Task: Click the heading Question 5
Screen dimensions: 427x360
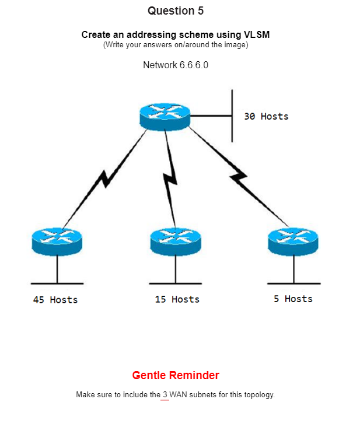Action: click(176, 11)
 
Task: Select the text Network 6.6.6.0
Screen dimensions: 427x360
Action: click(176, 65)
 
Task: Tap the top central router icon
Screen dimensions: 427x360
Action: click(165, 116)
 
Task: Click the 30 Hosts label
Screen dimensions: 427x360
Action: click(266, 117)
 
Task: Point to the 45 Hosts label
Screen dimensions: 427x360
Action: click(55, 300)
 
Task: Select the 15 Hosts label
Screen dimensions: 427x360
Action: click(177, 299)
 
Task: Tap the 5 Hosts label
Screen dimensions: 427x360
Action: click(293, 299)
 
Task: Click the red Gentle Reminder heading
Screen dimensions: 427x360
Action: click(176, 375)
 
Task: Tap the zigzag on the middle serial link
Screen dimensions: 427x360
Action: click(170, 181)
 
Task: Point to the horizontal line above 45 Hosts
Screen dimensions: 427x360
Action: click(57, 283)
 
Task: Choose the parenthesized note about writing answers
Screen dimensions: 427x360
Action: click(176, 45)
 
